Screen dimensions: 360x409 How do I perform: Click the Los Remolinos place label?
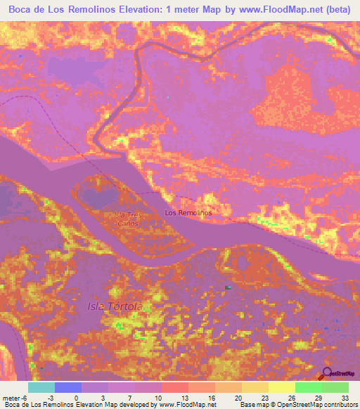188,212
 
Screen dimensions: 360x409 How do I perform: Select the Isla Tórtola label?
115,307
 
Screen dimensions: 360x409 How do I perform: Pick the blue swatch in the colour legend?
67,387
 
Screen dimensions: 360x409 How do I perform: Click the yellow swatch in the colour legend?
281,387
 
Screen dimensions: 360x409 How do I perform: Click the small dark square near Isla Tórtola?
227,287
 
